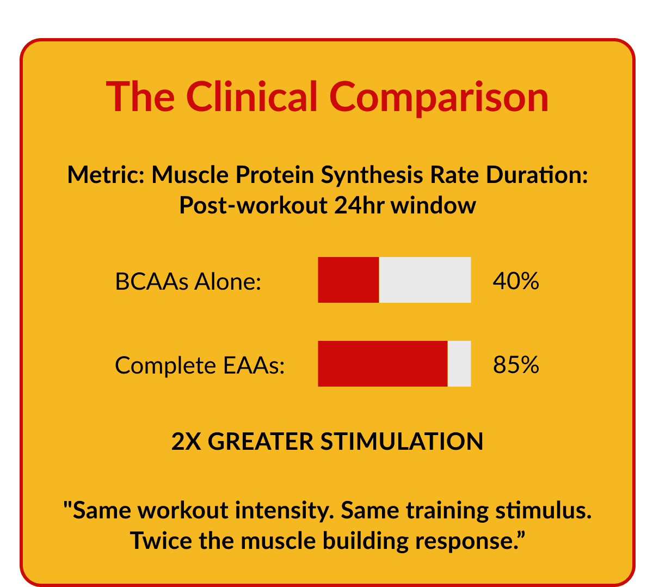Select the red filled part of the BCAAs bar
(x=348, y=280)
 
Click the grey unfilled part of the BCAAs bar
(x=424, y=280)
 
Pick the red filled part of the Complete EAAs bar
(x=383, y=364)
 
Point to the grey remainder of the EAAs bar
(x=459, y=364)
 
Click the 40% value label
(x=515, y=281)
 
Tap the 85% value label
(x=515, y=365)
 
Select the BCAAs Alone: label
(x=188, y=282)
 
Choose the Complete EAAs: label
(x=200, y=365)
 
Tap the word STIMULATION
(x=402, y=442)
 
